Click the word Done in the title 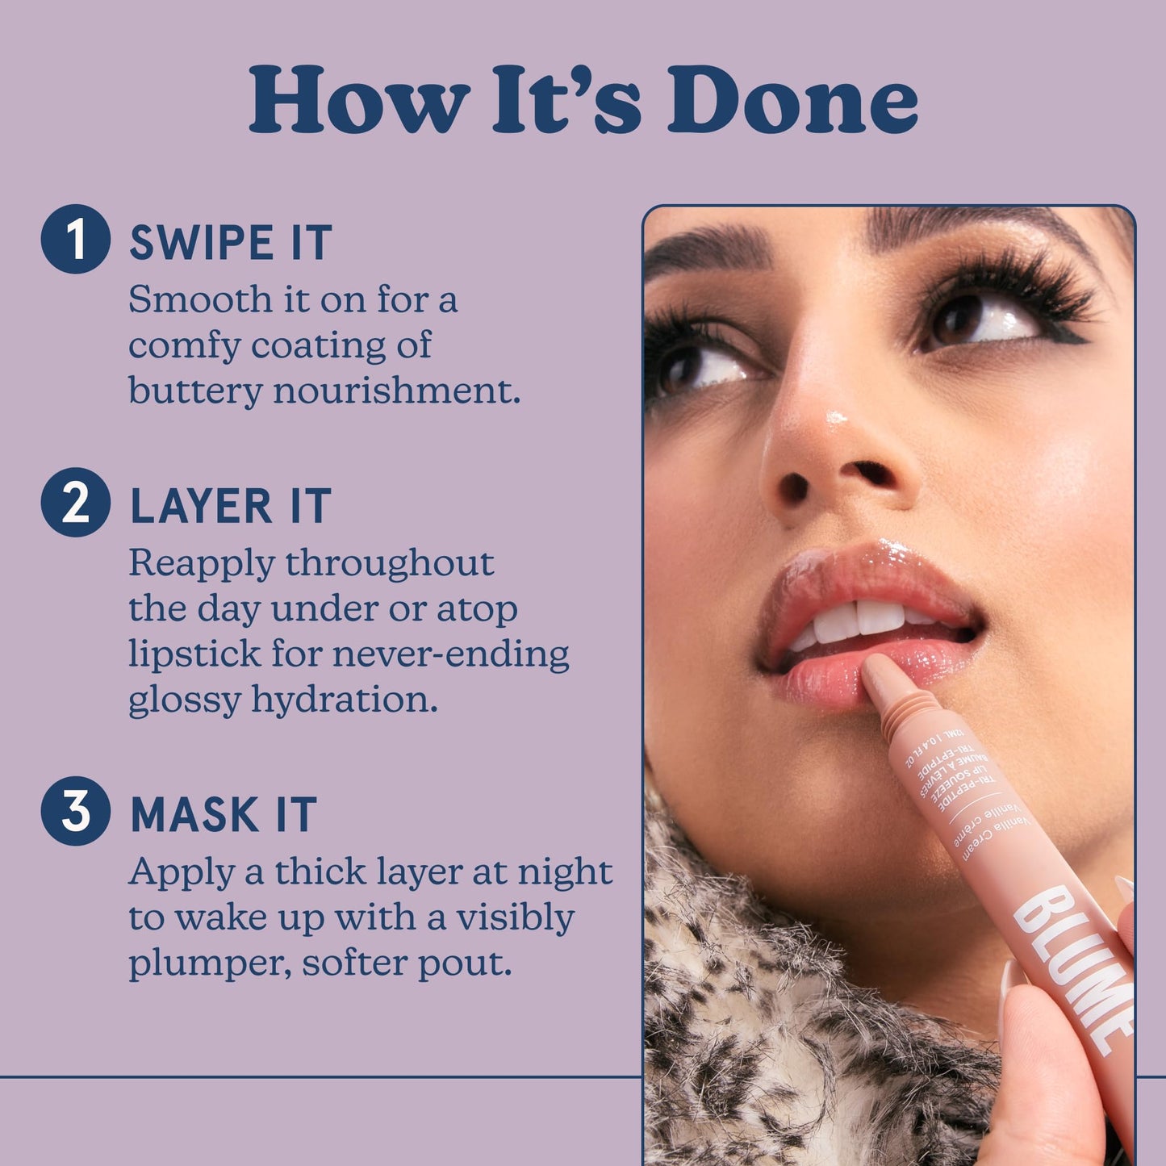pyautogui.click(x=792, y=100)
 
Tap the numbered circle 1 pyautogui.click(x=75, y=239)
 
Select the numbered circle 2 pyautogui.click(x=75, y=502)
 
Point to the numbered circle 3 pyautogui.click(x=75, y=810)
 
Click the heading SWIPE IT pyautogui.click(x=231, y=242)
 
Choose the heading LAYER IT pyautogui.click(x=231, y=506)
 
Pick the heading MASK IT pyautogui.click(x=224, y=814)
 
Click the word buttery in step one pyautogui.click(x=195, y=391)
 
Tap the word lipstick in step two pyautogui.click(x=194, y=654)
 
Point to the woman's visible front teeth pyautogui.click(x=858, y=619)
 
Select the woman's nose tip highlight pyautogui.click(x=835, y=419)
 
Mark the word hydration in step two pyautogui.click(x=345, y=699)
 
